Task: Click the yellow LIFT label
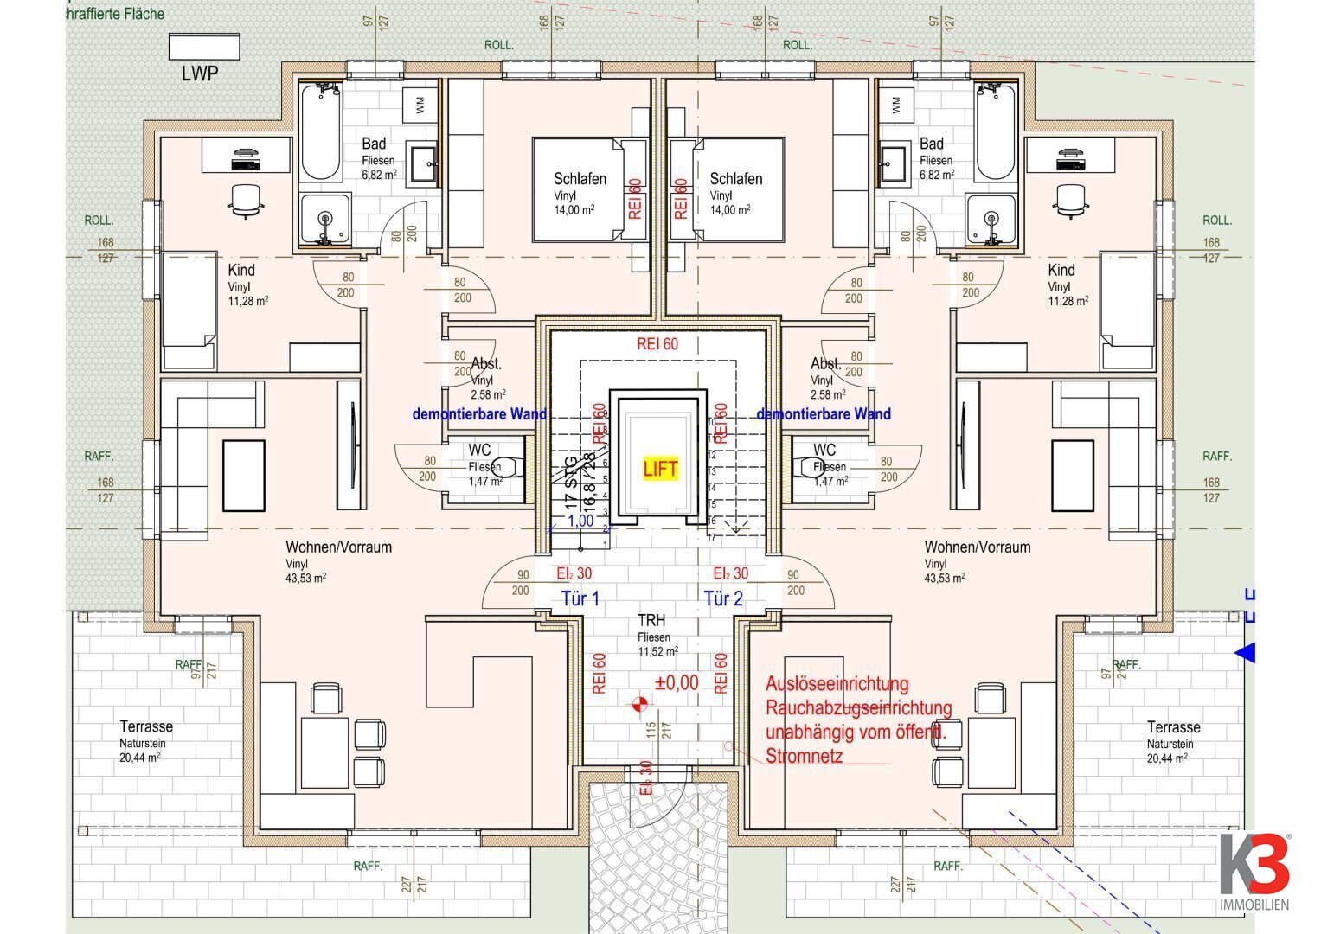660,469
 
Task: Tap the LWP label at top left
200,74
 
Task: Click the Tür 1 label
580,598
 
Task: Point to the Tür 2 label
723,598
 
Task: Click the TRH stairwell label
652,620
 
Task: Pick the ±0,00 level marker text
677,682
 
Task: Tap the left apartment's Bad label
374,144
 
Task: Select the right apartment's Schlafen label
735,179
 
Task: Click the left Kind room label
241,270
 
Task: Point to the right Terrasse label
1173,727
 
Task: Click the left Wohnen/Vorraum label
338,547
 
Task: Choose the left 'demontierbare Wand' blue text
479,414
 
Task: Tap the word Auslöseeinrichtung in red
837,684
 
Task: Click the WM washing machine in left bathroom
420,105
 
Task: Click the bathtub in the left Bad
321,131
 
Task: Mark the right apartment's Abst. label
825,364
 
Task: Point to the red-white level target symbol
639,705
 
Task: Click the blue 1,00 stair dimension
580,521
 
